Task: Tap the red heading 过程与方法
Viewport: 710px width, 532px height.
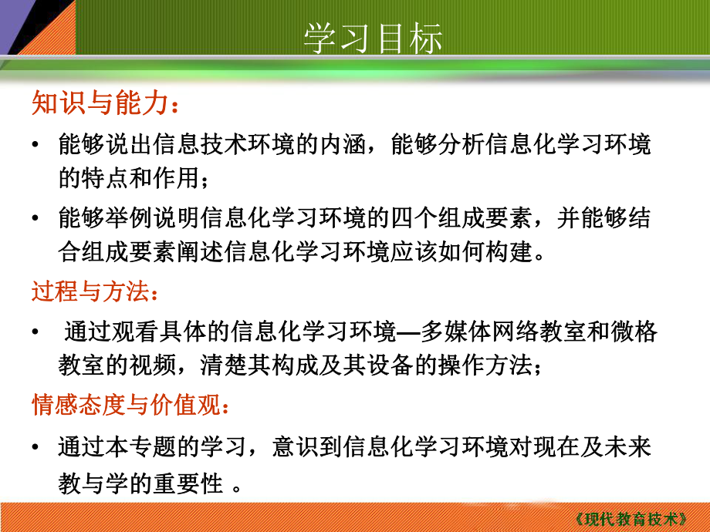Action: click(x=93, y=292)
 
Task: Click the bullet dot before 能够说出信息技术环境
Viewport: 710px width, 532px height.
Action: click(x=36, y=145)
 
